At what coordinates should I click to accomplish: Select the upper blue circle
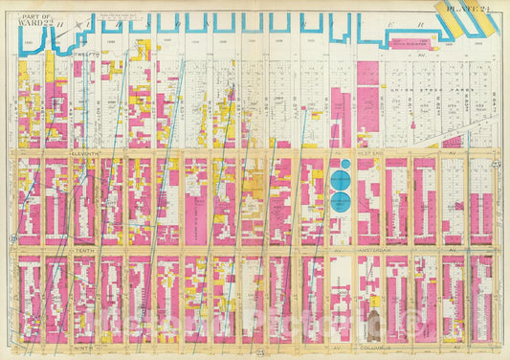coord(341,178)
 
